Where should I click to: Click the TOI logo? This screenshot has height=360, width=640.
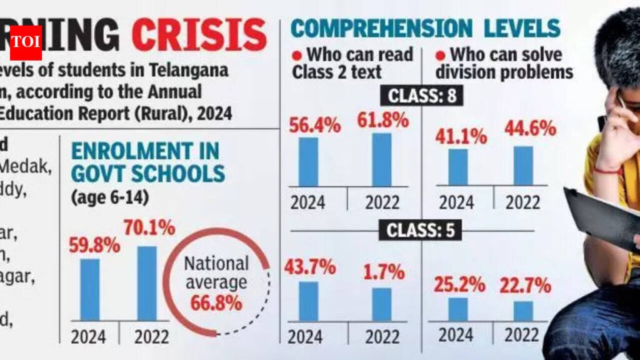(26, 42)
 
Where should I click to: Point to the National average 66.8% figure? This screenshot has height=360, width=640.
(216, 304)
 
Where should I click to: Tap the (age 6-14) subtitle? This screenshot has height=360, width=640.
(109, 198)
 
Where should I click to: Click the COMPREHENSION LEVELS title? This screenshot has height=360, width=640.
(425, 27)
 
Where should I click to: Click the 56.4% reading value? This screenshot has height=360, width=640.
(314, 126)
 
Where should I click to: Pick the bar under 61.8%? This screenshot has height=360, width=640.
(381, 159)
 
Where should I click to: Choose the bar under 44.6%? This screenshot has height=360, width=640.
(523, 166)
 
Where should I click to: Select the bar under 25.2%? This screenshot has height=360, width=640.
(457, 309)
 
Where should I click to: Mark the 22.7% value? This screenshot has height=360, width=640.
(525, 286)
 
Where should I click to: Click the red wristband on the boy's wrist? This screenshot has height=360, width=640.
(607, 169)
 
